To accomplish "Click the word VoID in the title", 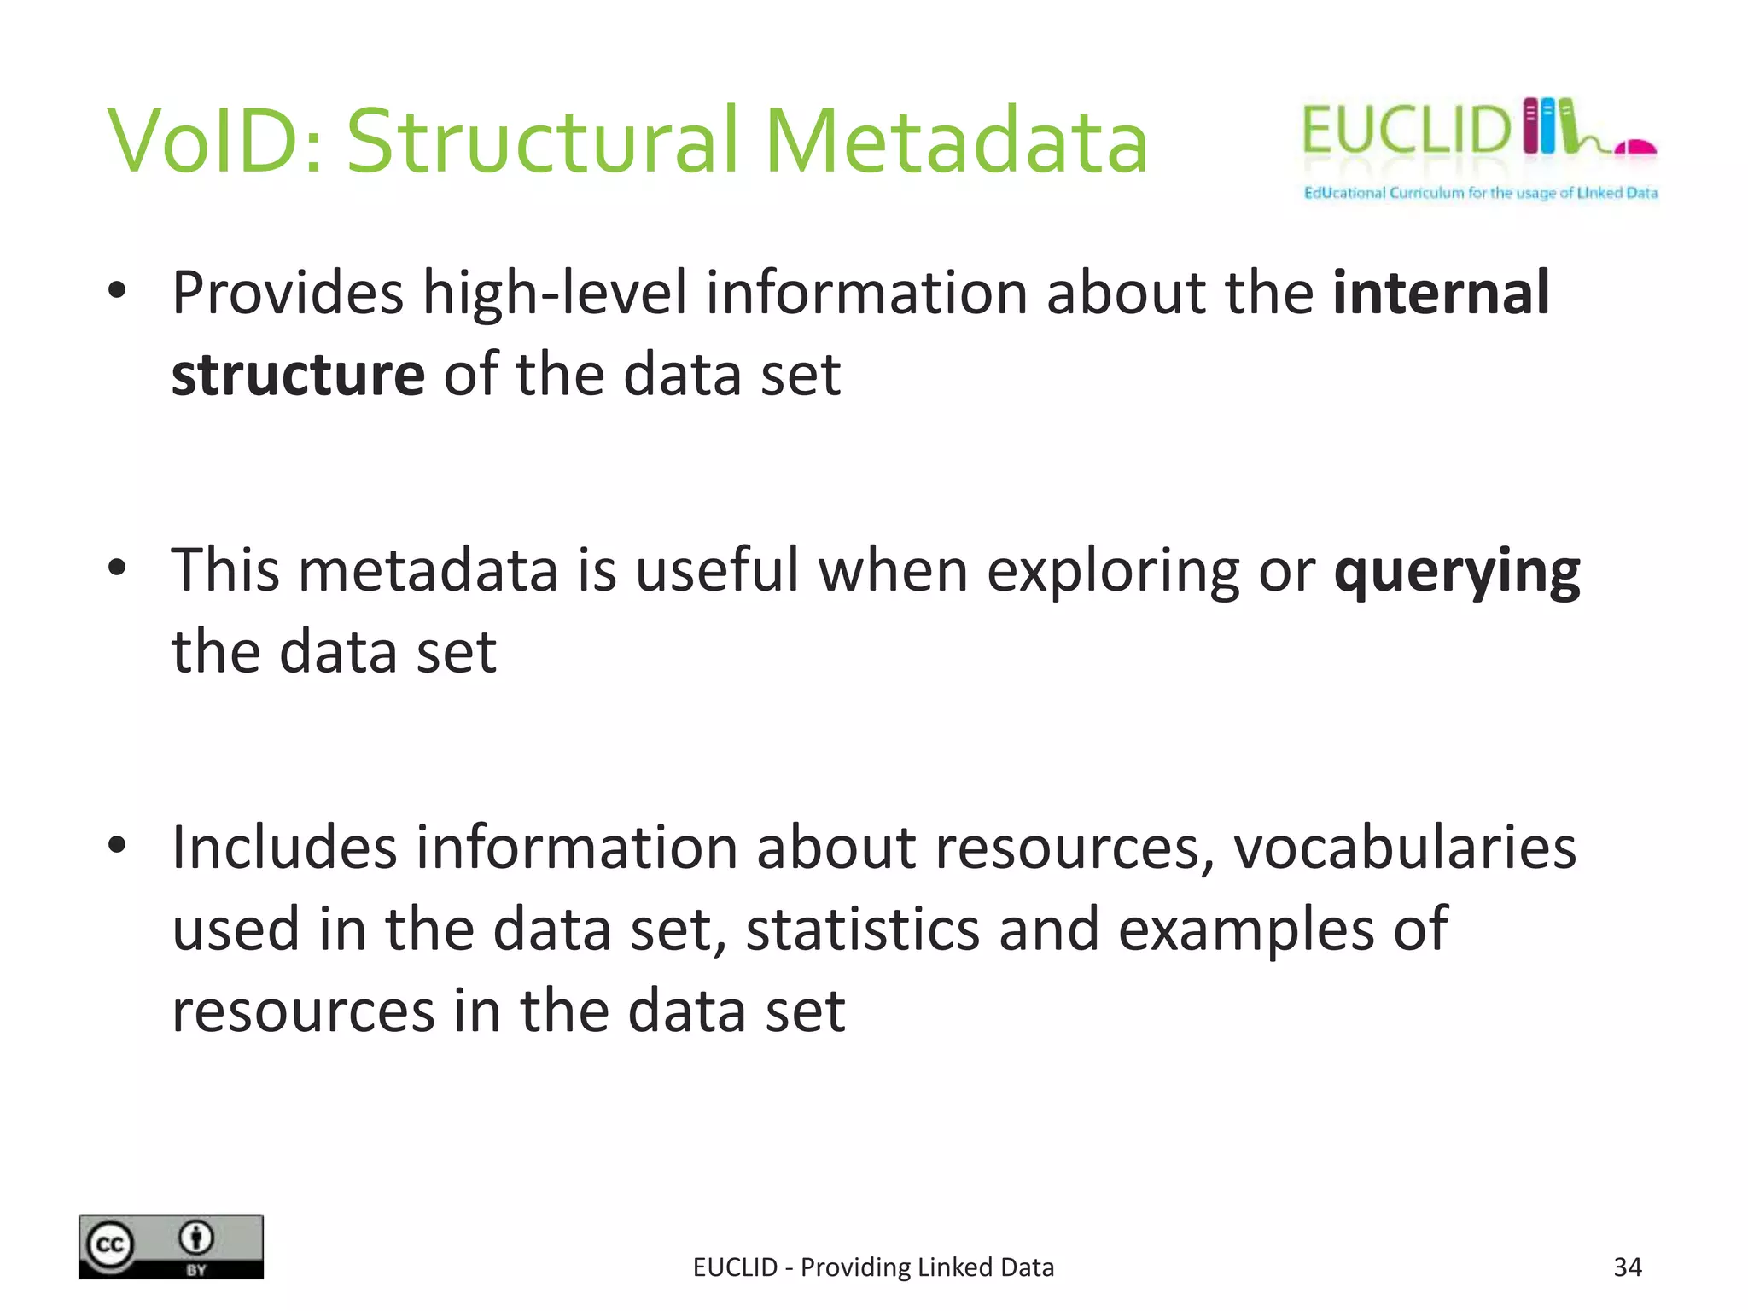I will (213, 141).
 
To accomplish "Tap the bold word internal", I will (1441, 293).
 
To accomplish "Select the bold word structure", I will (298, 376).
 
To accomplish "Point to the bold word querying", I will (1456, 572).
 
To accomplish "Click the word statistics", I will (862, 929).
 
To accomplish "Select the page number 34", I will (1628, 1267).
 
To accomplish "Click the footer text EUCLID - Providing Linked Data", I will (873, 1267).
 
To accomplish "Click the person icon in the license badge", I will (196, 1237).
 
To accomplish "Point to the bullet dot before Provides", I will (118, 290).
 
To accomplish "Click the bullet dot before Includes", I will (118, 845).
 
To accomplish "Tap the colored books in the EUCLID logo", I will (1549, 126).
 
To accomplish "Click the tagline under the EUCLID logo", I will (1480, 193).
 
